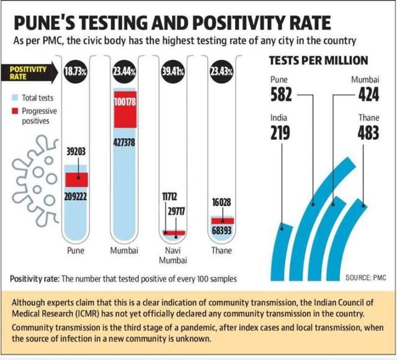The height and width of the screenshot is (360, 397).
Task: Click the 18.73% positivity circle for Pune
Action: click(x=75, y=72)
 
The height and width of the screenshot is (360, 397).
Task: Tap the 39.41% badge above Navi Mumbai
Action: click(x=172, y=72)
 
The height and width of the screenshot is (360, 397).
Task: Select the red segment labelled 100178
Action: click(x=125, y=110)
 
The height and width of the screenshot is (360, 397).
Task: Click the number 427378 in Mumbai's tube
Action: click(x=124, y=143)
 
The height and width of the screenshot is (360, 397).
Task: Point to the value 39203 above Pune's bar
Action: click(x=76, y=152)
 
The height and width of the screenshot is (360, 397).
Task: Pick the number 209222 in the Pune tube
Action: click(x=76, y=196)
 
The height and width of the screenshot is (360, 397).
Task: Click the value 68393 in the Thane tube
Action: click(x=221, y=230)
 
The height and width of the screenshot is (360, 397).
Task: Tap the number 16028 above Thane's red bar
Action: click(x=221, y=202)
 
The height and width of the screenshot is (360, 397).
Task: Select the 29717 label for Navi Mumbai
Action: click(x=176, y=211)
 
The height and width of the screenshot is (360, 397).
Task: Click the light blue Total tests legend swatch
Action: click(x=15, y=98)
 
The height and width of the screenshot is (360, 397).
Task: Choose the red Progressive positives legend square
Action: click(x=15, y=111)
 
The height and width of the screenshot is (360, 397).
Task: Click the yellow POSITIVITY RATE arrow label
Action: click(x=28, y=73)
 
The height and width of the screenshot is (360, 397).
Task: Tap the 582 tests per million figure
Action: click(x=281, y=94)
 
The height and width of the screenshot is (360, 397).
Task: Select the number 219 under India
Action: click(x=280, y=133)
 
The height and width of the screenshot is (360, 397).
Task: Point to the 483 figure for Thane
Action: click(x=368, y=133)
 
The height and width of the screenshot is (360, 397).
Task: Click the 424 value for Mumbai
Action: click(x=368, y=94)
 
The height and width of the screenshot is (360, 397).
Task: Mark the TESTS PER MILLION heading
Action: click(x=318, y=61)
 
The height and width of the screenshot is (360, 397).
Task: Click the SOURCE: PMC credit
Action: click(x=366, y=278)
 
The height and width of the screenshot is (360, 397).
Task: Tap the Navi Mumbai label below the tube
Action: click(x=173, y=255)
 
